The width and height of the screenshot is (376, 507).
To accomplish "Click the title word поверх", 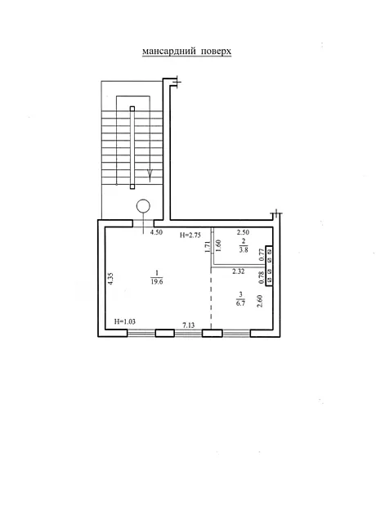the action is point(216,52).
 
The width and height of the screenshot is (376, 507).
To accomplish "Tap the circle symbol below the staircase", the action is point(143,206).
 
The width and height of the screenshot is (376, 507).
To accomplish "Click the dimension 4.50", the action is point(156,232).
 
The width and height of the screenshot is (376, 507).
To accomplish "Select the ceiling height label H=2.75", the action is point(190,236).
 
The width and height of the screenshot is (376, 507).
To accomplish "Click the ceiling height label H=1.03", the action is point(125,321).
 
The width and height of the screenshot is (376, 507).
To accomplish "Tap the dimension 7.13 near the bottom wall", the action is point(189,325).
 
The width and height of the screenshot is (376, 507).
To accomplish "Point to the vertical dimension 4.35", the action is point(110,278).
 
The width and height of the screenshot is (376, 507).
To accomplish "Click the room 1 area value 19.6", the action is point(156,281).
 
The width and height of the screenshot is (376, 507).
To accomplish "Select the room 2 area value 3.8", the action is point(244,249).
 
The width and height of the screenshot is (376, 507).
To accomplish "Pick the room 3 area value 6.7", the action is point(240,303).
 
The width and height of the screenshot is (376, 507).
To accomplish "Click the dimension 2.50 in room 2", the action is point(243,232).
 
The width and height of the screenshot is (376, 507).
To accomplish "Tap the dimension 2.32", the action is point(239,271).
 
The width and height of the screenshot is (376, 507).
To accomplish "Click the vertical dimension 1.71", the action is point(208,246).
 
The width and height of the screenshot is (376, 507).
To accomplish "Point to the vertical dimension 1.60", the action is point(218,246).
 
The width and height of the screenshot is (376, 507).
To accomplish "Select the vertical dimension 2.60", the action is point(259,302).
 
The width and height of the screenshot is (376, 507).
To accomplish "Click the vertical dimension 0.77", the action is point(262,255).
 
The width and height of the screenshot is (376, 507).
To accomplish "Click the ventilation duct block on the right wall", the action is point(269,266).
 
